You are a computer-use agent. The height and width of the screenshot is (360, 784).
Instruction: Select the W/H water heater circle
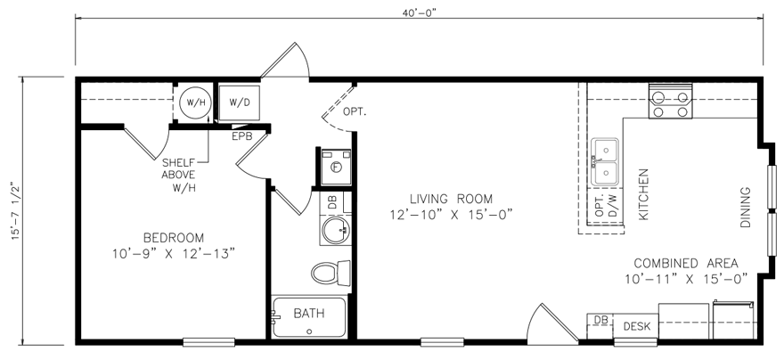194,102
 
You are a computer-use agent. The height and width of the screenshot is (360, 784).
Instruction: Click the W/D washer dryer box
239,102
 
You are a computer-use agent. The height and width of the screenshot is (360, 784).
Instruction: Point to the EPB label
242,136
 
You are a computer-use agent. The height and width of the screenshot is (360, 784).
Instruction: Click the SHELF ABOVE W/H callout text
184,176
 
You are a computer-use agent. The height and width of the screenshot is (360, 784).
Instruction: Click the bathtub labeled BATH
308,316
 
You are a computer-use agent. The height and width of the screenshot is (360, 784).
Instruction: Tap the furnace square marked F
336,166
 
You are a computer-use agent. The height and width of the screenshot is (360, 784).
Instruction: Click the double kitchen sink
606,161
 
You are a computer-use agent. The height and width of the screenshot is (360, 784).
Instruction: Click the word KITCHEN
644,194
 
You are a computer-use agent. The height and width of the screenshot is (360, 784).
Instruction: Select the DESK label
636,327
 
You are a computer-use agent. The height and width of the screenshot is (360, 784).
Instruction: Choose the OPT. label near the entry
355,111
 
